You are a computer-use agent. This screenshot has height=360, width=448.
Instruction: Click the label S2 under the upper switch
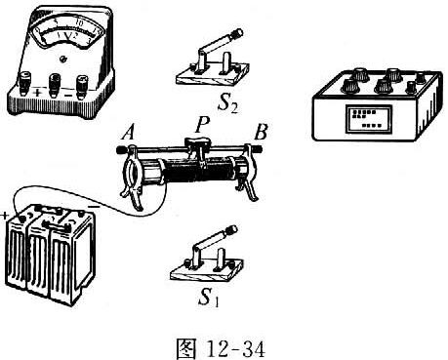[227, 104]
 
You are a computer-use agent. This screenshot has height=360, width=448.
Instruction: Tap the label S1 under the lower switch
[209, 298]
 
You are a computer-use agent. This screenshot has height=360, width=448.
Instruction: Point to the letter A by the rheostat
[128, 133]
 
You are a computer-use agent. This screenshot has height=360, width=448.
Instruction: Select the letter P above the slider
[202, 125]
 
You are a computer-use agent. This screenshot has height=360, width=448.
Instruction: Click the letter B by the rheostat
[261, 133]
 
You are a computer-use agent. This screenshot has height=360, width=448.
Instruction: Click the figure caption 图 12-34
[221, 349]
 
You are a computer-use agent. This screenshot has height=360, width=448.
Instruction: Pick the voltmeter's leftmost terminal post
[25, 83]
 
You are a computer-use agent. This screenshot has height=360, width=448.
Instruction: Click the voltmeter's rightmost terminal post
[82, 87]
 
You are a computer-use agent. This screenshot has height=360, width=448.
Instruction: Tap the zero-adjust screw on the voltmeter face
[62, 60]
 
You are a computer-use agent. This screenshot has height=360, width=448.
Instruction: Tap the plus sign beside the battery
[5, 216]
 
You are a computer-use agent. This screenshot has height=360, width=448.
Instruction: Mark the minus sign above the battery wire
[95, 207]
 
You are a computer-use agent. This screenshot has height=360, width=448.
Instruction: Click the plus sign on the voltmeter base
[38, 93]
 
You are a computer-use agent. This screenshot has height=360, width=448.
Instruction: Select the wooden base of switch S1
[207, 271]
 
